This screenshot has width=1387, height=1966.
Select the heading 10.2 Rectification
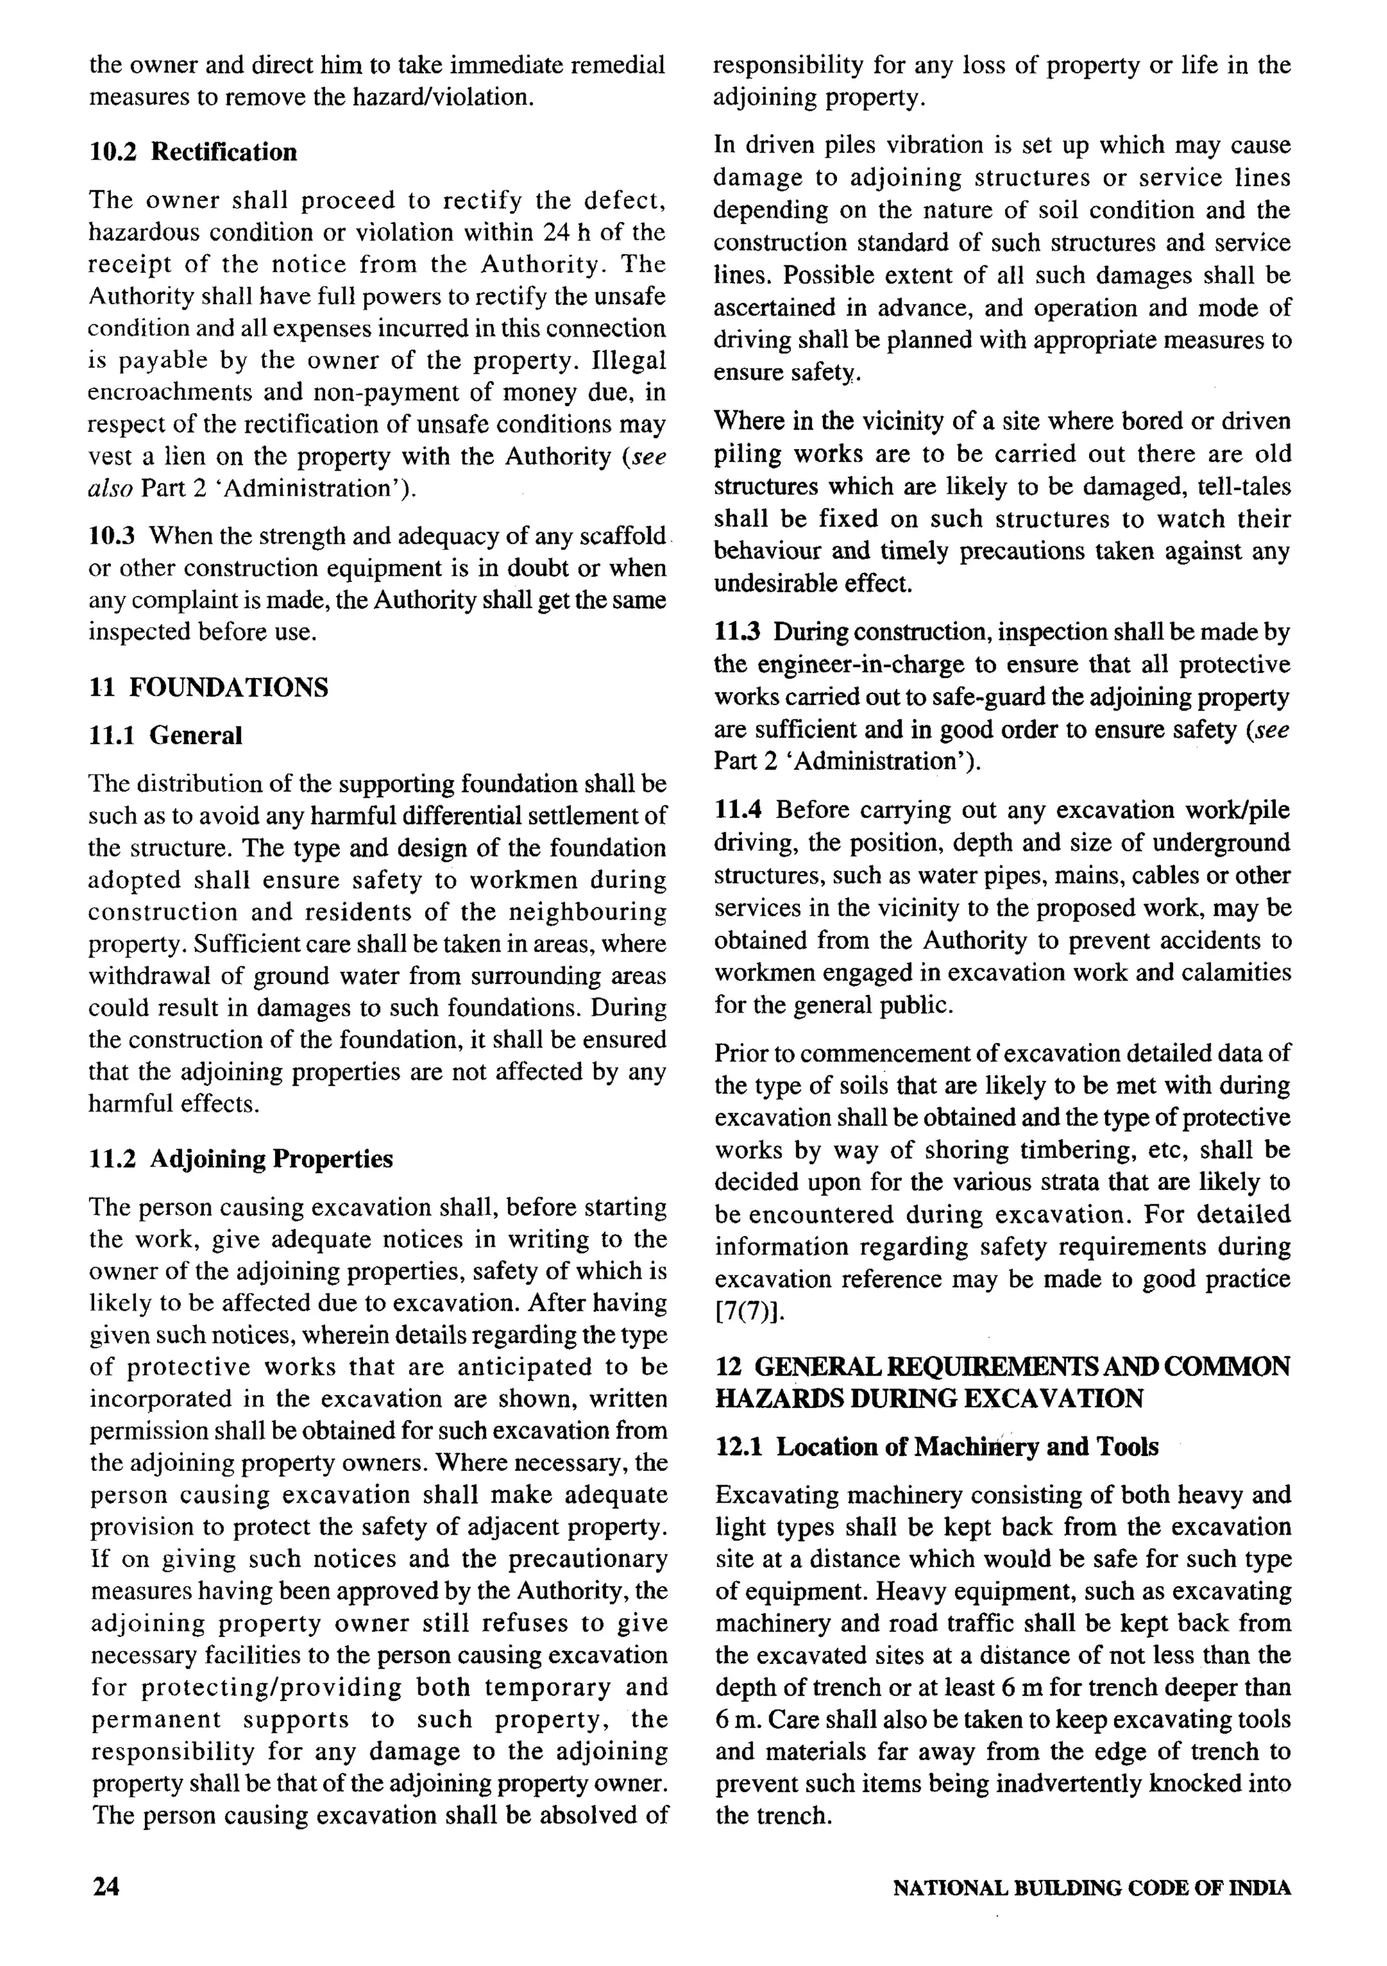pos(194,152)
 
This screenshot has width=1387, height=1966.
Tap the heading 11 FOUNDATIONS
pos(208,687)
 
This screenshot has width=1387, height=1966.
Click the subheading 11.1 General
pos(165,735)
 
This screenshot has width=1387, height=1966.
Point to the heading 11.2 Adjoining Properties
pos(240,1159)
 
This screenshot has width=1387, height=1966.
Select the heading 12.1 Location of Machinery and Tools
pos(937,1447)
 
